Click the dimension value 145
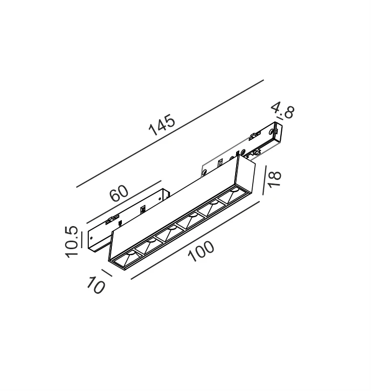pyautogui.click(x=162, y=125)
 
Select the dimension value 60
pyautogui.click(x=119, y=193)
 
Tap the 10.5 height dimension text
pyautogui.click(x=72, y=242)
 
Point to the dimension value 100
pyautogui.click(x=201, y=251)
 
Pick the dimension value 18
pyautogui.click(x=275, y=179)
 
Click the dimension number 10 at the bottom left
pyautogui.click(x=96, y=285)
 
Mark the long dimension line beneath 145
pyautogui.click(x=170, y=133)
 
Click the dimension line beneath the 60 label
pyautogui.click(x=124, y=202)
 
